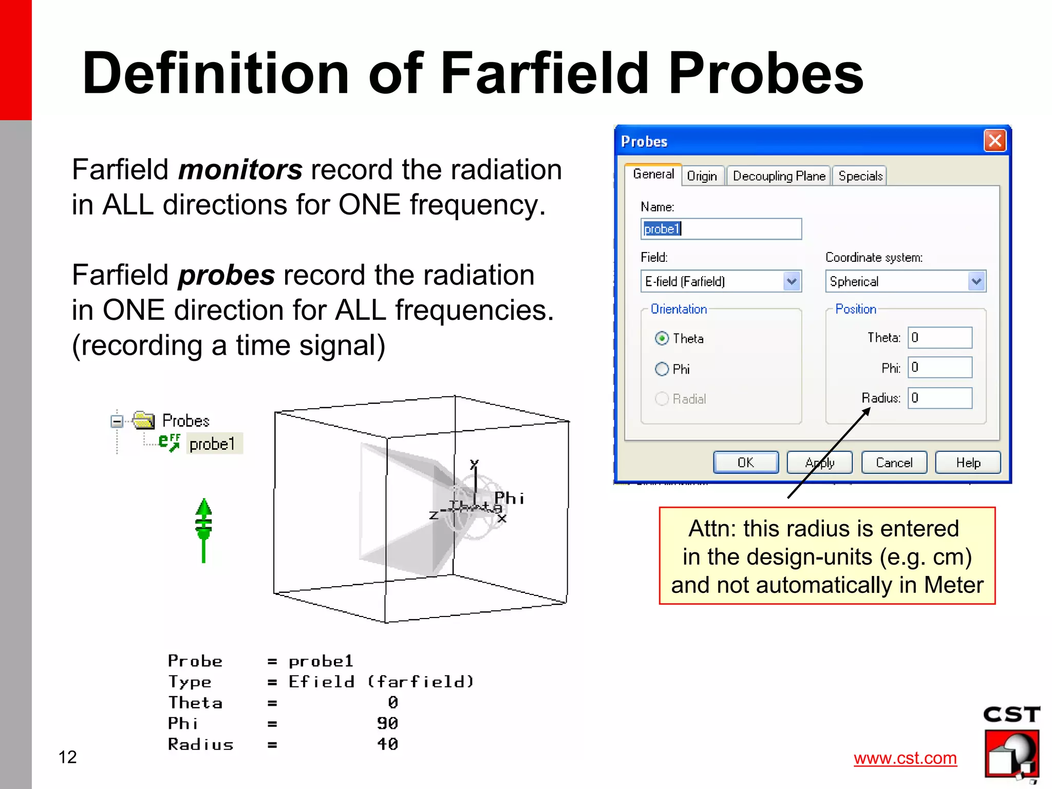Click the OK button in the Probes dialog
coord(745,463)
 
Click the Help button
coord(968,463)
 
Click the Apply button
coord(819,463)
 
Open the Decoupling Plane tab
coord(778,176)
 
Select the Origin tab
coord(702,176)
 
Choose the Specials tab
coord(860,176)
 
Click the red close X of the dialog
coord(995,140)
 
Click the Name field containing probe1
coord(721,229)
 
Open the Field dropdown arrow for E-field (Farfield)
coord(792,281)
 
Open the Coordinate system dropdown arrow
coord(976,281)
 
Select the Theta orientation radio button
coord(662,338)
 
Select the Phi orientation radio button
coord(662,369)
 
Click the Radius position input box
coord(940,398)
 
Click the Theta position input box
coord(940,338)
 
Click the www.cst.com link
coord(905,758)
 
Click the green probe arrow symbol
coord(204,529)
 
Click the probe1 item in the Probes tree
coord(212,444)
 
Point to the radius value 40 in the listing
coord(387,744)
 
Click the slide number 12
coord(68,757)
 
